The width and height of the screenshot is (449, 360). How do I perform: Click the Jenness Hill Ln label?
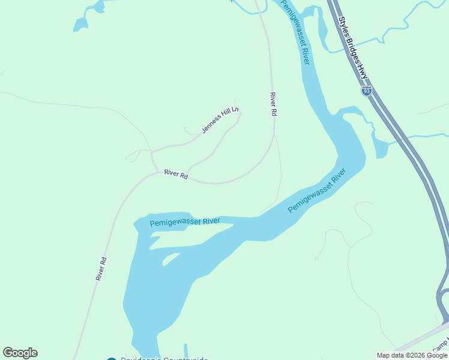(220, 120)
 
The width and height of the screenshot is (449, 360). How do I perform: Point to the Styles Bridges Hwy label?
(353, 48)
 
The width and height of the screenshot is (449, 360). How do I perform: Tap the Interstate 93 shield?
(366, 91)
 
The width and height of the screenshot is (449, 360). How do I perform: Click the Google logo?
(20, 353)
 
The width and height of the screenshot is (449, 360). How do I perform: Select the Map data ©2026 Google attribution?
(412, 355)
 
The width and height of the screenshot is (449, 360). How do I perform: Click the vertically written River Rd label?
(273, 104)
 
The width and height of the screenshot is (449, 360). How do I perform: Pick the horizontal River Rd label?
(176, 173)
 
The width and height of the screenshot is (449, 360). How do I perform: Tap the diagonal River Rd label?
(101, 269)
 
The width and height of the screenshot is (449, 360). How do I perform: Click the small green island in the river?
(172, 258)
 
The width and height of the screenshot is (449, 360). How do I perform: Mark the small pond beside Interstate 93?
(380, 145)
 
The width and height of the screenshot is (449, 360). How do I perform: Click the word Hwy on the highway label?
(363, 72)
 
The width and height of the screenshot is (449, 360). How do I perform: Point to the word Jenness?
(212, 125)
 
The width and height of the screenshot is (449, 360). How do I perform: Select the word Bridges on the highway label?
(353, 49)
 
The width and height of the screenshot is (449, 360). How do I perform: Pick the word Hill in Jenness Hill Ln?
(227, 115)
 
